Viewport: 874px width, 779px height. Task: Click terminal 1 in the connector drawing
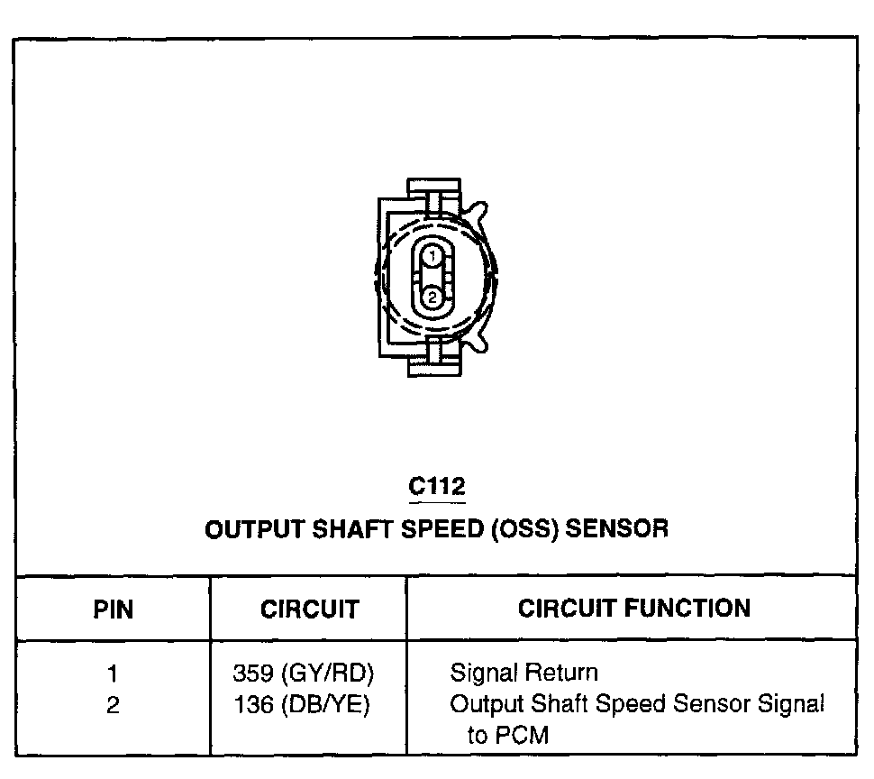tap(432, 257)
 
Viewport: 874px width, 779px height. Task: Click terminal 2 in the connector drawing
tap(432, 297)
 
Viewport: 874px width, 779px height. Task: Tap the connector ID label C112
tap(437, 487)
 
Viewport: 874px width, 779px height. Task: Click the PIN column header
tap(114, 609)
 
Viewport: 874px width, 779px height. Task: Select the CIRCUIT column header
tap(309, 609)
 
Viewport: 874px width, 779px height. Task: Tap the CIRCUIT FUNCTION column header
tap(633, 608)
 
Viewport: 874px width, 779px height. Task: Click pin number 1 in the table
tap(113, 674)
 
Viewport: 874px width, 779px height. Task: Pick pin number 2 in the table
tap(113, 705)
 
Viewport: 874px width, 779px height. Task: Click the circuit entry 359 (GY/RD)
tap(303, 674)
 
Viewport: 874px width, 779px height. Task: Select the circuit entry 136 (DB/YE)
tap(302, 705)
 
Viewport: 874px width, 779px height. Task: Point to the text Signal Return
tap(523, 673)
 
